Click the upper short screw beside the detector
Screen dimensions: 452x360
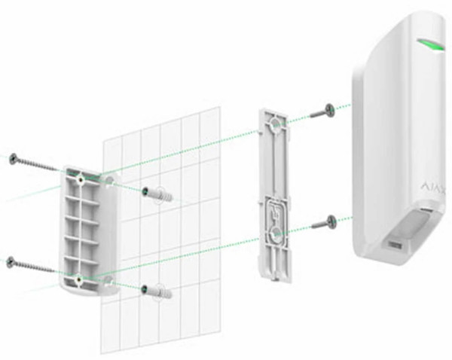pyautogui.click(x=323, y=111)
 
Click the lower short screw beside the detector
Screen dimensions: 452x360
pyautogui.click(x=324, y=224)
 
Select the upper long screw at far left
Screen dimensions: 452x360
pyautogui.click(x=33, y=163)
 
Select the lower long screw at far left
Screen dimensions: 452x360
pyautogui.click(x=31, y=265)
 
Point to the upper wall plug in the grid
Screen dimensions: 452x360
pyautogui.click(x=157, y=193)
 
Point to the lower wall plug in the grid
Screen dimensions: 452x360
pyautogui.click(x=157, y=291)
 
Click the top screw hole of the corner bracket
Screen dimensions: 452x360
pyautogui.click(x=81, y=180)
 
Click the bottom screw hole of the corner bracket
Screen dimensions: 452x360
pyautogui.click(x=78, y=279)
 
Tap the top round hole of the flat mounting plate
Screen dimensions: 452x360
pyautogui.click(x=275, y=124)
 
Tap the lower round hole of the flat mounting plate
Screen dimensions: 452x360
pyautogui.click(x=275, y=232)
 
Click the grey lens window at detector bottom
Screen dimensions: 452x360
pyautogui.click(x=419, y=224)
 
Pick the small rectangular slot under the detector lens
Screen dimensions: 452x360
pyautogui.click(x=395, y=245)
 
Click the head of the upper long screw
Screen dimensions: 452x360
pyautogui.click(x=14, y=158)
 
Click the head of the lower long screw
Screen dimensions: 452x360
pyautogui.click(x=11, y=261)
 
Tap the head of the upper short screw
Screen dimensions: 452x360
pyautogui.click(x=330, y=110)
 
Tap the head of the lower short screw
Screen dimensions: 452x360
pyautogui.click(x=331, y=222)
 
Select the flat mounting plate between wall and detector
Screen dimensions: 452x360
pyautogui.click(x=274, y=195)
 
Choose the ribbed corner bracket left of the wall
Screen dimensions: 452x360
pyautogui.click(x=90, y=230)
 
